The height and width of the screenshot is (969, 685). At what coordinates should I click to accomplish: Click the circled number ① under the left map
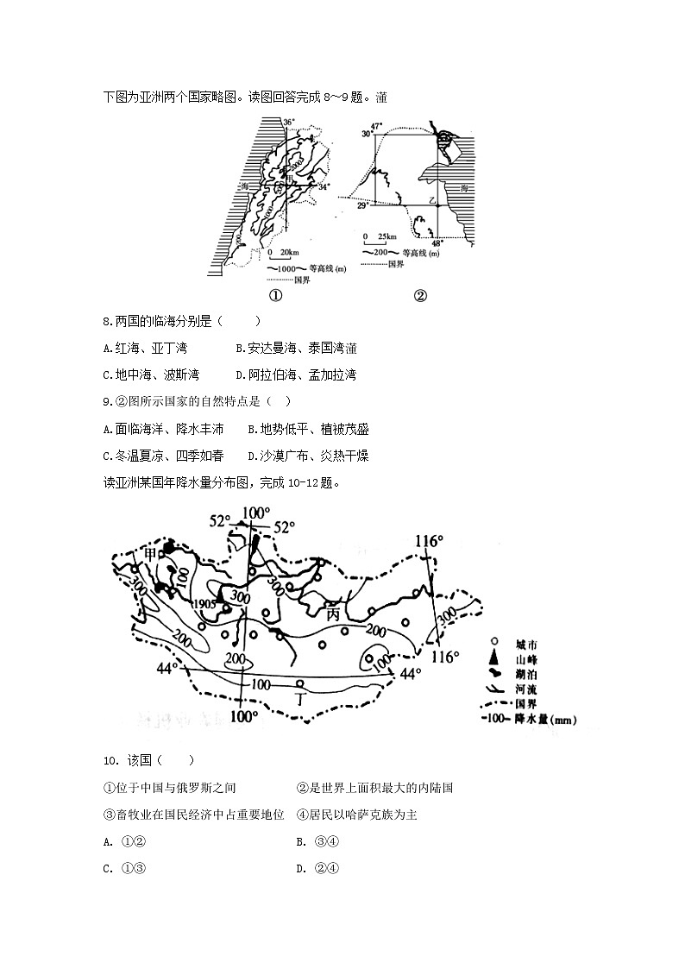coord(276,295)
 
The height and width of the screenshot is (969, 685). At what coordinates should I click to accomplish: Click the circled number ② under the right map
coord(420,295)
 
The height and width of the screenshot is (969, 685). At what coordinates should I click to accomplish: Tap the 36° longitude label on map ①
coord(289,123)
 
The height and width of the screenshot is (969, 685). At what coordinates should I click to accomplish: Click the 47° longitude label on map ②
coord(377,126)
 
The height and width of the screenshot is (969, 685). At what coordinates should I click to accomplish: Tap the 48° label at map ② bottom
coord(436,244)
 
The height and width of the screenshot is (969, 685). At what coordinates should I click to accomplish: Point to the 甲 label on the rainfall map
coord(152,553)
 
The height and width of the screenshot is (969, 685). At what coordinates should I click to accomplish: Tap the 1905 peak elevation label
coord(205,603)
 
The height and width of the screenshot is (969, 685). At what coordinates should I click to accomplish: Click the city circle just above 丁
coord(300,683)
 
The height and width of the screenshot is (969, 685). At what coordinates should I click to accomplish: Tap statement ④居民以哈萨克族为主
coord(356,814)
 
